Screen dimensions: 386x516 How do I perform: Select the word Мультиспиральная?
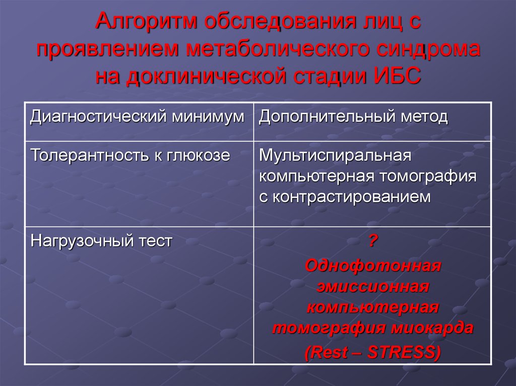click(336, 155)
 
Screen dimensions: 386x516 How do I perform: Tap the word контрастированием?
click(351, 196)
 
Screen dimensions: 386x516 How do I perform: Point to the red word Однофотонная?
click(372, 265)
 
